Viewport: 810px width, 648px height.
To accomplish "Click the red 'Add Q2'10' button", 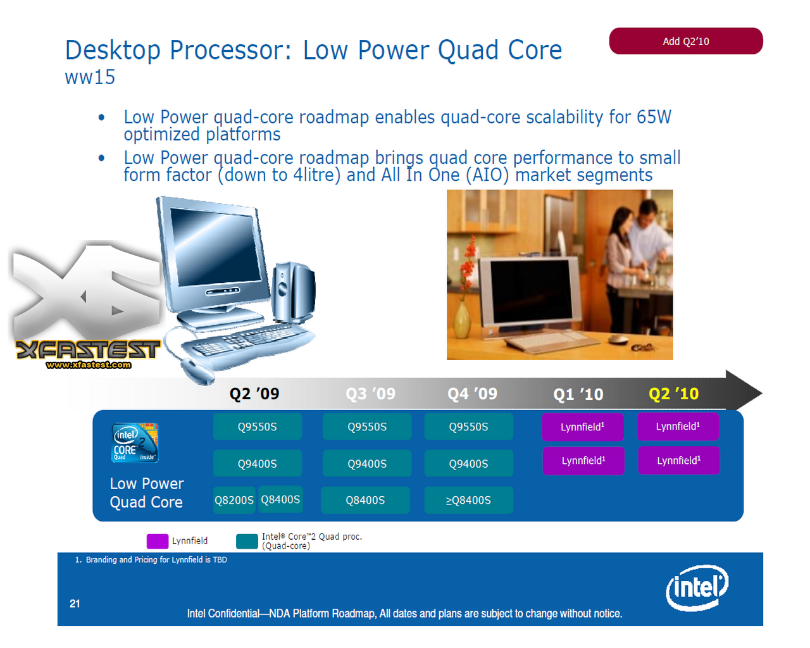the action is pos(685,40).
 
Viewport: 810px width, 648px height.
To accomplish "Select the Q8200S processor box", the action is pos(234,500).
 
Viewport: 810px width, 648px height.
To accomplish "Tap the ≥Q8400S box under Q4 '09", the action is pos(468,500).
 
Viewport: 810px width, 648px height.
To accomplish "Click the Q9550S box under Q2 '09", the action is pos(257,427).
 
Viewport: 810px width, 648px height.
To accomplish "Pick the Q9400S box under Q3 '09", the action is pos(366,463).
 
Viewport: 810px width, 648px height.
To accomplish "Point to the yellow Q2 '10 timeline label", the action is pos(673,394).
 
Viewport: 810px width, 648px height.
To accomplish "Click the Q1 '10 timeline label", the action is pos(578,394).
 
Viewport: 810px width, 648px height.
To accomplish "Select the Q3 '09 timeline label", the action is pos(370,394).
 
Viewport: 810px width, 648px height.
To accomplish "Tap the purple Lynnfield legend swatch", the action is pos(158,541).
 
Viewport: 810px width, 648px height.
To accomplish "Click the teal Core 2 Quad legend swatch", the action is pos(247,541).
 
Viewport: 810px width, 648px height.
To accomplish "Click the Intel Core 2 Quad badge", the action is pos(135,442).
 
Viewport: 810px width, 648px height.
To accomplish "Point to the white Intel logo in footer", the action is pos(697,588).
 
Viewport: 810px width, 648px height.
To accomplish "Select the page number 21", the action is pos(75,604).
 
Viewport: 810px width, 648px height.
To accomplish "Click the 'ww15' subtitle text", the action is pos(90,77).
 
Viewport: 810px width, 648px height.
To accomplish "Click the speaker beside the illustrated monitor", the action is pos(293,292).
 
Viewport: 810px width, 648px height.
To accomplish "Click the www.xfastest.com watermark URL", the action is pos(89,364).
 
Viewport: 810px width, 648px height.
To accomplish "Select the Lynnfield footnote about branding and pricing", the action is pos(151,559).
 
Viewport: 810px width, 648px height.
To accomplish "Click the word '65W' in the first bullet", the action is pos(654,116).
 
